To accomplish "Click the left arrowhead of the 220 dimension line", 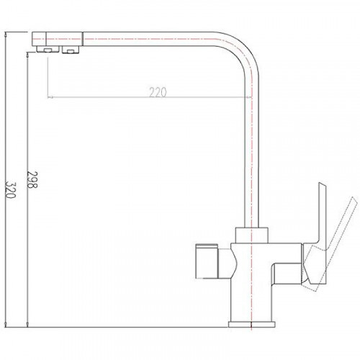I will (x=50, y=97).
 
